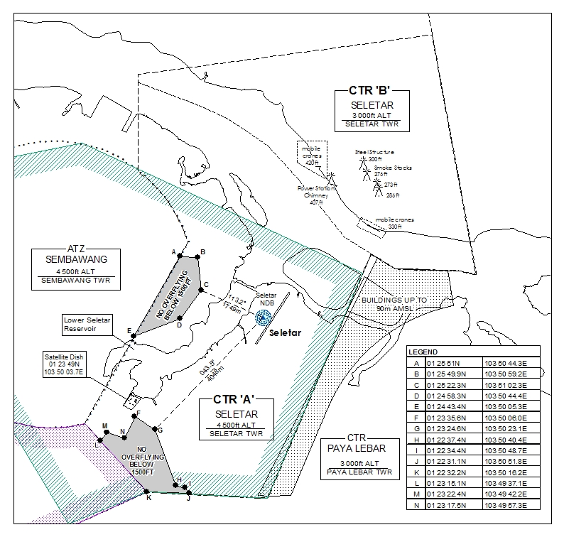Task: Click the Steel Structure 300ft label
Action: [x=374, y=156]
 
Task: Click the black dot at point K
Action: [x=147, y=491]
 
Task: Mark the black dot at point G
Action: [x=153, y=429]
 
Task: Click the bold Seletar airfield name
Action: [x=286, y=332]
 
